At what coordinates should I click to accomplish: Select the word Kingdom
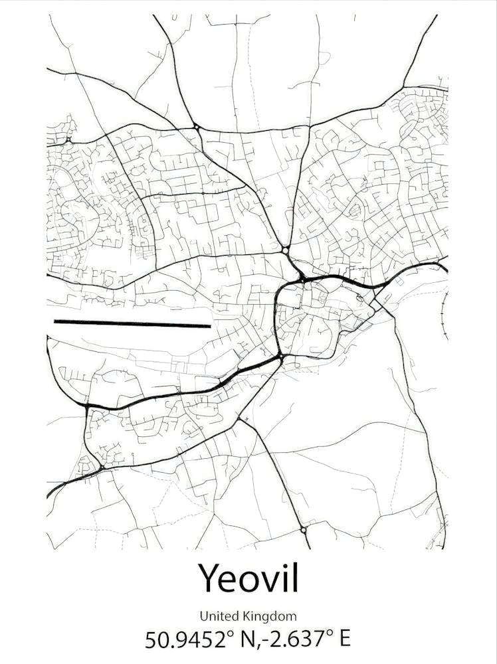pos(270,617)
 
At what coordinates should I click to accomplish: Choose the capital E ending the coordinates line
pos(344,639)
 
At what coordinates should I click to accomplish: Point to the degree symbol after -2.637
pos(330,633)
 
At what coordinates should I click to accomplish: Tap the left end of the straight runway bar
pos(56,322)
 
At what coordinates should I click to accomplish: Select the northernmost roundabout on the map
pos(196,126)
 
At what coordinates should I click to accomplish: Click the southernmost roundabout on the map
pos(304,529)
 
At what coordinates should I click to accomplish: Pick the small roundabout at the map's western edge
pos(69,140)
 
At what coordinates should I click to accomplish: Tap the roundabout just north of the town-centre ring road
pos(285,250)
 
